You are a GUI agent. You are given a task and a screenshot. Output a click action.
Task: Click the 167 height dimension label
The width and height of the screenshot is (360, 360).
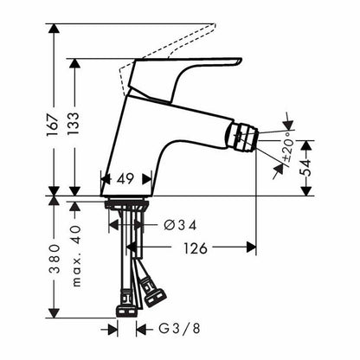tap(53, 125)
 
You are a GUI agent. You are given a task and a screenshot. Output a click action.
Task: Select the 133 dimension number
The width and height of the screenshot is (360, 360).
tap(74, 124)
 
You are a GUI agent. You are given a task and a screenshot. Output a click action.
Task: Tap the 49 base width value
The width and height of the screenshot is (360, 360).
tap(125, 179)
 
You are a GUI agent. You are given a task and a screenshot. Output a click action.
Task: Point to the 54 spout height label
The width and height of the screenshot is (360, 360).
tap(305, 168)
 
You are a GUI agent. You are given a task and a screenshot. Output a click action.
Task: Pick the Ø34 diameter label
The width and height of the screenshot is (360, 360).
tap(180, 225)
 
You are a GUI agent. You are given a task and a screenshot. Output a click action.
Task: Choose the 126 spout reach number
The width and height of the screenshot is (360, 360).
tap(196, 248)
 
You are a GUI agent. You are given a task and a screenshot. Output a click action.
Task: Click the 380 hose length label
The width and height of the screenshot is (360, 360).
tap(54, 260)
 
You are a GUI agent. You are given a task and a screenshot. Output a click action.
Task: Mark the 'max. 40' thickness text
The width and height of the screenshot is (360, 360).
tap(76, 256)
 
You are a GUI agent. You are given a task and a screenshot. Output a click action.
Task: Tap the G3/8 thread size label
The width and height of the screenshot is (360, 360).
tap(179, 329)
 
